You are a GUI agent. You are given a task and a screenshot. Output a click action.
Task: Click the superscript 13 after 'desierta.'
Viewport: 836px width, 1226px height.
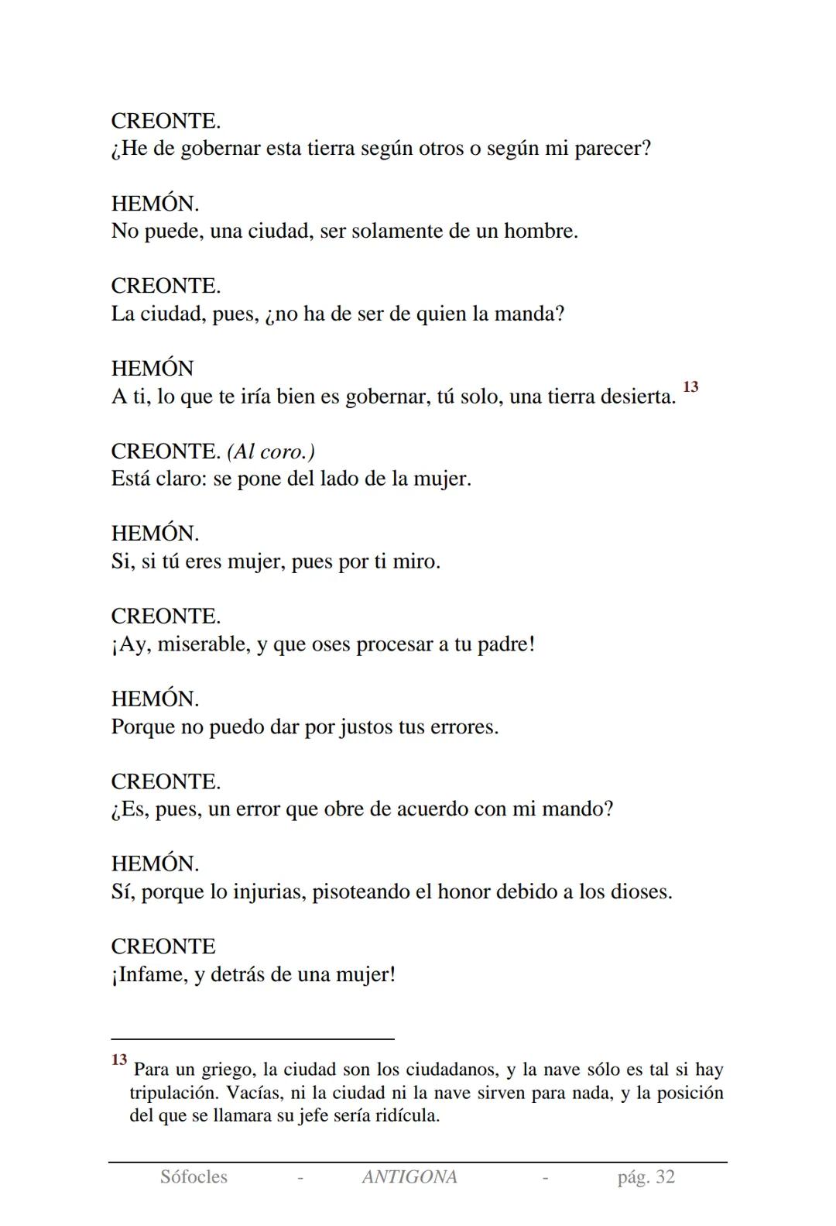690,386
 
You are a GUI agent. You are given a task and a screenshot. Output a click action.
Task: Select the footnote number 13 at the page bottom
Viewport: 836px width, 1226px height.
118,1059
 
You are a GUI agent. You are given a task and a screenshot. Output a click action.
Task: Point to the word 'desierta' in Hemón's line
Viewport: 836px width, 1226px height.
634,397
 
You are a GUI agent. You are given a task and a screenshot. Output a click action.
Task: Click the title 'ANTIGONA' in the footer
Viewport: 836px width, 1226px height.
409,1177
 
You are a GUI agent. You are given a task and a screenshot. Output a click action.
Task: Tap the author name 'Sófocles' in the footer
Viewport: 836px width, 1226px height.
194,1177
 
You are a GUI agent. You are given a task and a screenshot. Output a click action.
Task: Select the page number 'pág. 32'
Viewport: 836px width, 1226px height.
646,1177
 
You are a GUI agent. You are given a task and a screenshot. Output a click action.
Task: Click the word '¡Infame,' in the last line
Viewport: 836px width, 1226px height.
149,974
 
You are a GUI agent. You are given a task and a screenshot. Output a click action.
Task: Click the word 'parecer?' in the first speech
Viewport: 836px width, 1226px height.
612,149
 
